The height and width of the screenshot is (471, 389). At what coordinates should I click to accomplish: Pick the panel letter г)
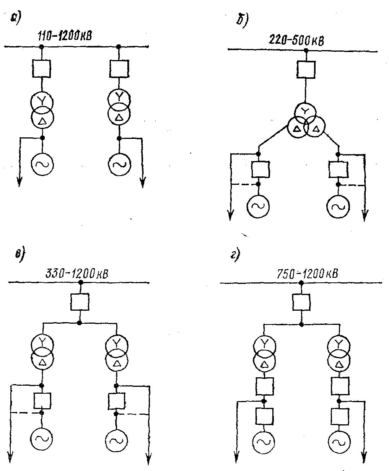click(x=235, y=255)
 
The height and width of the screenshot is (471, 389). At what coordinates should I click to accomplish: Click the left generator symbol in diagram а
click(x=42, y=164)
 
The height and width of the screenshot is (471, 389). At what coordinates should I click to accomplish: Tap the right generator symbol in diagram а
click(x=119, y=164)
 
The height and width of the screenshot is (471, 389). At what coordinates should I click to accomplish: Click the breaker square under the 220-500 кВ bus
click(x=306, y=69)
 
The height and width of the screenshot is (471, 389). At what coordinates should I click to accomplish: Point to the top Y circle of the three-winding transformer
click(x=305, y=111)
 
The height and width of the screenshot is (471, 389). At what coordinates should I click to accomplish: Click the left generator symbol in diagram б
click(x=258, y=206)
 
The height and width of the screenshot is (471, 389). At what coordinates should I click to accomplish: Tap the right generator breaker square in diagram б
click(x=338, y=169)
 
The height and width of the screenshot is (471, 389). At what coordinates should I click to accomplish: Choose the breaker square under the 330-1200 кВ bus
click(x=80, y=302)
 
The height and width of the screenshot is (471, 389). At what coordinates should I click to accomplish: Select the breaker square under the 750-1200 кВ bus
click(x=301, y=302)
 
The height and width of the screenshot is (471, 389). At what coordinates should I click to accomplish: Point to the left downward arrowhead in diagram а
click(x=19, y=183)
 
